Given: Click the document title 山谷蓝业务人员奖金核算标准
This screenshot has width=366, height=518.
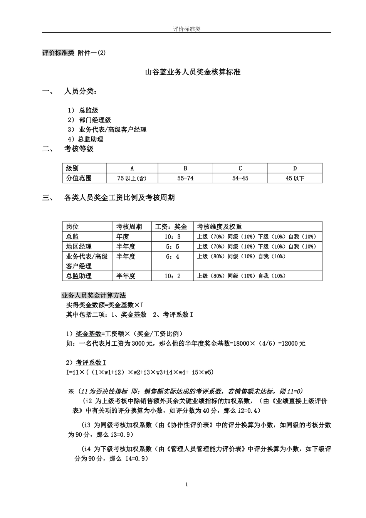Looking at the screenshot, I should pyautogui.click(x=193, y=72).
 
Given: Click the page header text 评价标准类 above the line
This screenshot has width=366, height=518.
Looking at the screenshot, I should pyautogui.click(x=186, y=29).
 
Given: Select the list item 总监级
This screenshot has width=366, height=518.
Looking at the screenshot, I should pyautogui.click(x=89, y=111).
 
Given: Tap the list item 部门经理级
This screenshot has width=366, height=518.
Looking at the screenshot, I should pyautogui.click(x=95, y=120).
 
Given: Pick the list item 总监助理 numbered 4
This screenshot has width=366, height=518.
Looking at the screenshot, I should pyautogui.click(x=91, y=140).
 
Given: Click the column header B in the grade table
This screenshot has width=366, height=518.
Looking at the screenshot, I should pyautogui.click(x=185, y=168).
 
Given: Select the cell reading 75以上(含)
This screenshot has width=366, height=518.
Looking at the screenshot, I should pyautogui.click(x=132, y=178).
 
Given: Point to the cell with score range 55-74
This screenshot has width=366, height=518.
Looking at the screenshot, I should pyautogui.click(x=185, y=178).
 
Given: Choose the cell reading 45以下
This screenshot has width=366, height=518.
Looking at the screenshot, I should pyautogui.click(x=295, y=178).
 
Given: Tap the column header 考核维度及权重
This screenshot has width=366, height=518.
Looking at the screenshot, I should pyautogui.click(x=220, y=227).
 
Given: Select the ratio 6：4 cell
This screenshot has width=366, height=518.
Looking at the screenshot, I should pyautogui.click(x=172, y=257).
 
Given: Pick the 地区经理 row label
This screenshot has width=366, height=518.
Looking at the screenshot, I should pyautogui.click(x=79, y=247).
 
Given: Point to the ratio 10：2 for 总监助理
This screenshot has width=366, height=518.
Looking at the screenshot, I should pyautogui.click(x=172, y=276).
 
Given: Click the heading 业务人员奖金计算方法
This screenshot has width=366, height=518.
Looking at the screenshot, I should pyautogui.click(x=94, y=296).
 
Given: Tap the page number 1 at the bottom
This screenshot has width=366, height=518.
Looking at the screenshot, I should pyautogui.click(x=186, y=484).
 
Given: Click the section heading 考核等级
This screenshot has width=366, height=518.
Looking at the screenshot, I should pyautogui.click(x=79, y=149).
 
